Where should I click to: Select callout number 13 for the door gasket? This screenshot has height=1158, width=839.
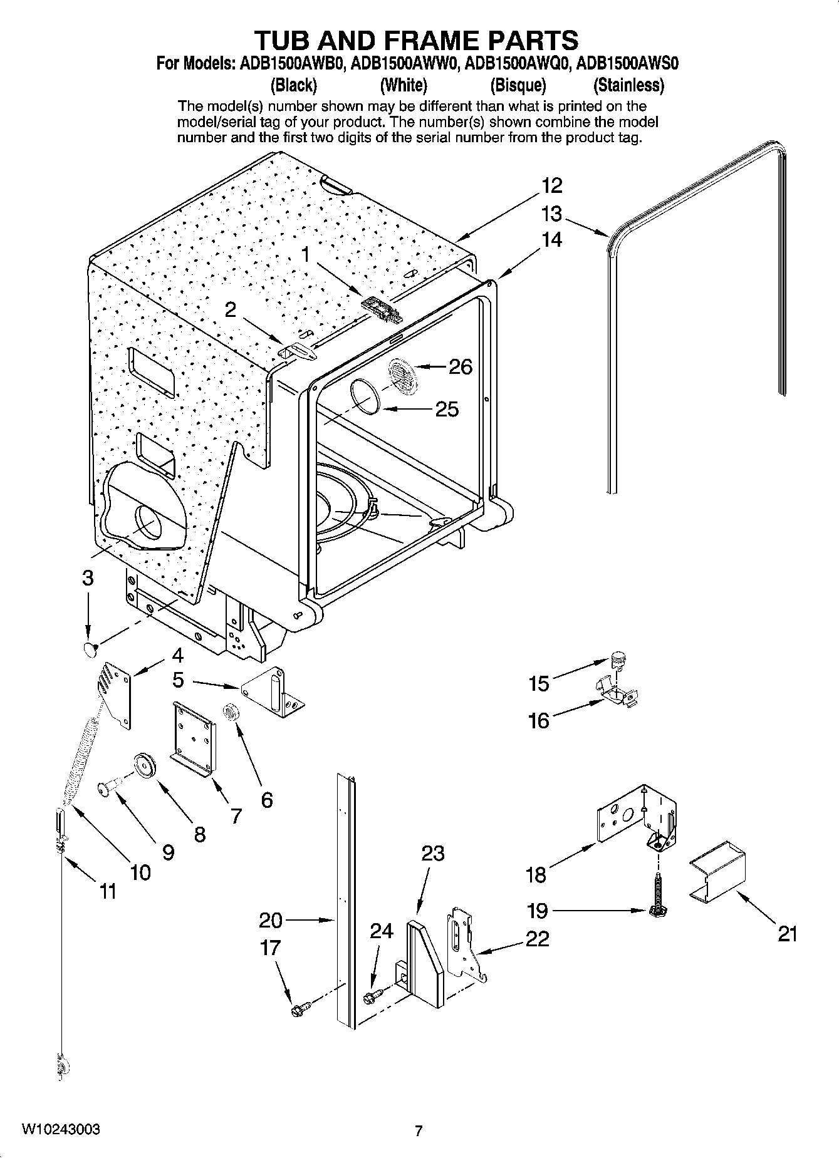click(x=551, y=214)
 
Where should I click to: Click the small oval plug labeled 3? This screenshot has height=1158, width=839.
click(x=90, y=649)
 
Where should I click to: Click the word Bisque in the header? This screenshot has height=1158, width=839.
click(x=518, y=85)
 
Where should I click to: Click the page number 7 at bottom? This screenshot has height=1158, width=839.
click(x=419, y=1130)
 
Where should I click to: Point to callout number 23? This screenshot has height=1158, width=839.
click(x=432, y=853)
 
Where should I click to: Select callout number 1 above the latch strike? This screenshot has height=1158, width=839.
click(x=306, y=254)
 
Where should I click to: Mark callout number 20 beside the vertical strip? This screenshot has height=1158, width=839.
click(x=271, y=920)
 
